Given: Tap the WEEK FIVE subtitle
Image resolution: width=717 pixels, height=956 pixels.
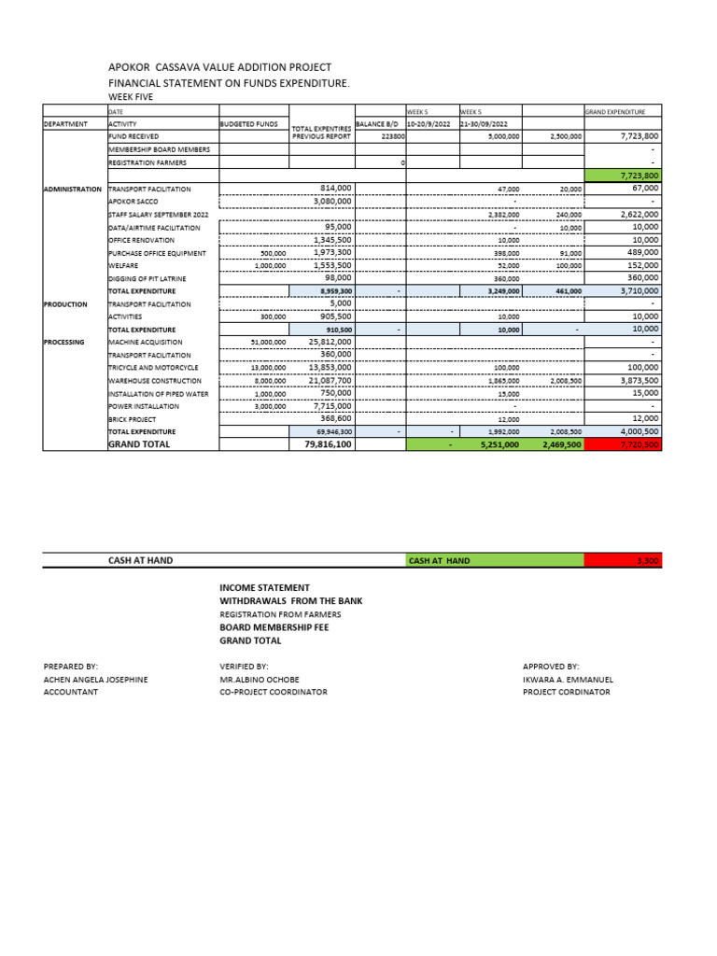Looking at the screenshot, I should [131, 97].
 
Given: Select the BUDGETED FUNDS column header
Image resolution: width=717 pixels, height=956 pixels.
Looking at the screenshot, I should [248, 123].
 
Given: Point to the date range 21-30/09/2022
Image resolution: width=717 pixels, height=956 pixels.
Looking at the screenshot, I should [484, 123].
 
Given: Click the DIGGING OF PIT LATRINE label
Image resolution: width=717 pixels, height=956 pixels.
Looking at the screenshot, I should [148, 278].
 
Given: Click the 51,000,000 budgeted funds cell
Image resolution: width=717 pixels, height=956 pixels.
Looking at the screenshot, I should [269, 343].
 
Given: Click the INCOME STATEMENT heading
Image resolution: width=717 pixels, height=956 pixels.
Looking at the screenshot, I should [264, 587].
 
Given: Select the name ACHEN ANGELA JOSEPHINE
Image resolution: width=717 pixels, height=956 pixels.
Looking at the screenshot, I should [95, 680].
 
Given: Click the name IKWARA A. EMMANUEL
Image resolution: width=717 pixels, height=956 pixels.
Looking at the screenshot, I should [568, 680].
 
